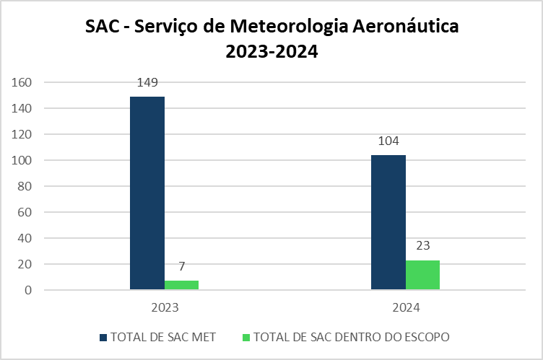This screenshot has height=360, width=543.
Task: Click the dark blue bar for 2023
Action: click(147, 193)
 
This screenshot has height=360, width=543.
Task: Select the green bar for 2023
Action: click(181, 285)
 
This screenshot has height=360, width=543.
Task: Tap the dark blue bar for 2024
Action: click(388, 222)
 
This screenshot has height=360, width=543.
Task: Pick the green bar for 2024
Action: click(422, 275)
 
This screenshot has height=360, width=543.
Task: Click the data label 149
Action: click(147, 82)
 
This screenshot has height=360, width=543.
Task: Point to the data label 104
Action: click(388, 141)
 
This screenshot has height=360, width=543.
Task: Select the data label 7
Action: click(182, 266)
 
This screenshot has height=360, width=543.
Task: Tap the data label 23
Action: click(422, 245)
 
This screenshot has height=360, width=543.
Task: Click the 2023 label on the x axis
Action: click(165, 307)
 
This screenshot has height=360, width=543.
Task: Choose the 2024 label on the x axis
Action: click(406, 307)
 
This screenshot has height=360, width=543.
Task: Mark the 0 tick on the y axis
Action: click(29, 290)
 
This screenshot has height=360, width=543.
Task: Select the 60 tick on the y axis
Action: click(25, 212)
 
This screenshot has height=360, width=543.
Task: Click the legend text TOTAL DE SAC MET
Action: click(162, 338)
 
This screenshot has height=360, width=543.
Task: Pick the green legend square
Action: click(246, 338)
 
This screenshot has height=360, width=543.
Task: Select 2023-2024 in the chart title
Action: click(271, 52)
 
